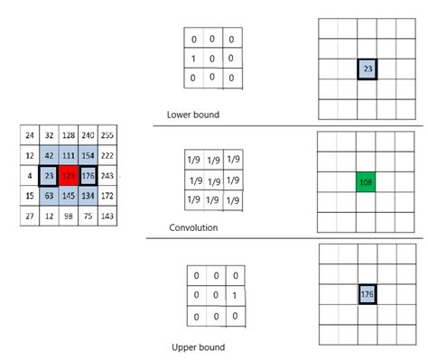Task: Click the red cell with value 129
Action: click(70, 174)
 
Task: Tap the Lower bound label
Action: click(193, 115)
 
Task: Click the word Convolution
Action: click(193, 227)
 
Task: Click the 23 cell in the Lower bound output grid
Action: click(368, 69)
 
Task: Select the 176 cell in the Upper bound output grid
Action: click(368, 295)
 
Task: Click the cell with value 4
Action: click(31, 174)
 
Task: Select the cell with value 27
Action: click(31, 216)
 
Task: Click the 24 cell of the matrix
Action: click(31, 135)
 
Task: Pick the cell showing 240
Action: click(89, 135)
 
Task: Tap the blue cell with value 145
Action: click(70, 195)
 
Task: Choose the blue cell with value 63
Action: click(50, 195)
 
